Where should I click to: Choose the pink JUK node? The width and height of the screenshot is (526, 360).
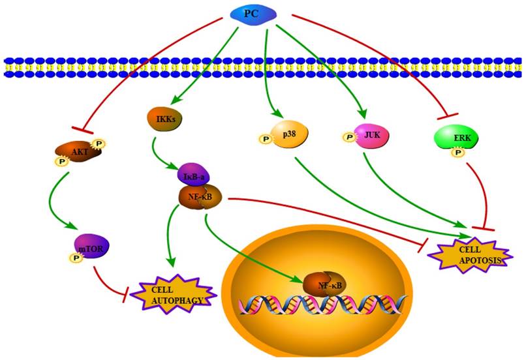pos(369,135)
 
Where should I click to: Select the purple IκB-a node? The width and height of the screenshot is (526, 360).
pos(191,175)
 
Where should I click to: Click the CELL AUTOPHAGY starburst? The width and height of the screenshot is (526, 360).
pos(172,294)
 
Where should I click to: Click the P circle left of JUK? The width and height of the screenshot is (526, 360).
pos(348,137)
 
